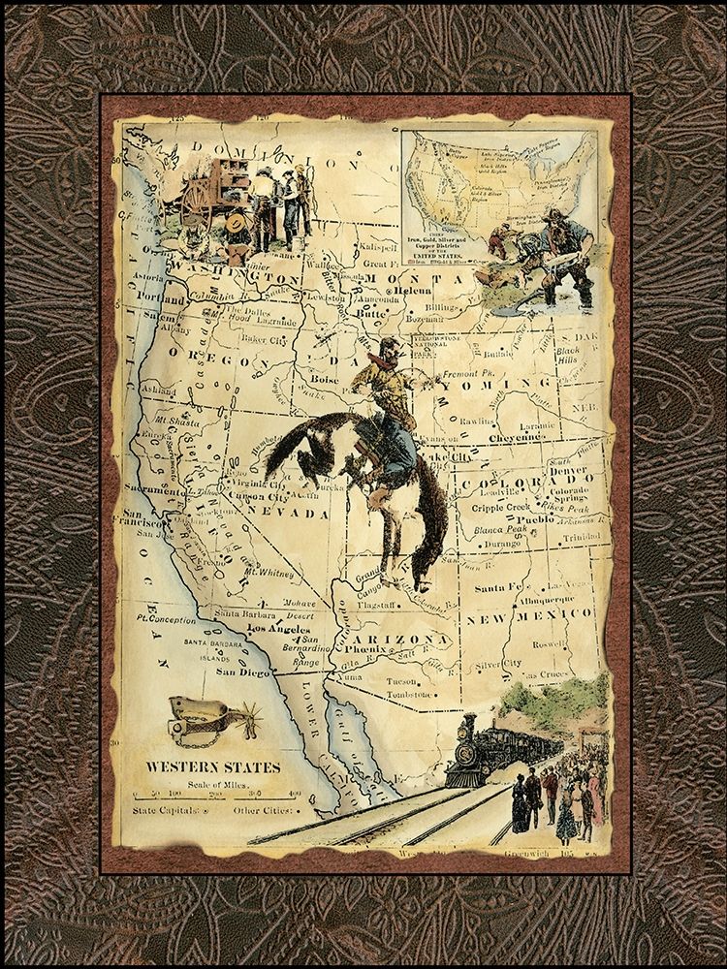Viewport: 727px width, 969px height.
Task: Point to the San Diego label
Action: [x=239, y=670]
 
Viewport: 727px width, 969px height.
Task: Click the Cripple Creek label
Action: [x=509, y=507]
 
